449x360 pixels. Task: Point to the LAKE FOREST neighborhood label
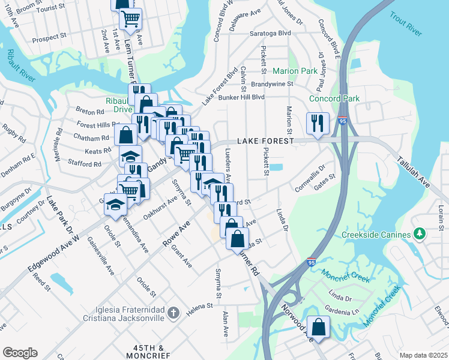(x=266, y=141)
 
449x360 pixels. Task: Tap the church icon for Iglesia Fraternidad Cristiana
(x=173, y=312)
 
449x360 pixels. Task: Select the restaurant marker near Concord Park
(x=316, y=124)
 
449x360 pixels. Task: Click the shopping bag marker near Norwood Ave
(x=319, y=327)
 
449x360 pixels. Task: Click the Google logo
(x=20, y=352)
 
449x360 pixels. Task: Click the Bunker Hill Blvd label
(x=241, y=97)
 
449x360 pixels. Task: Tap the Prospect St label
(x=49, y=37)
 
